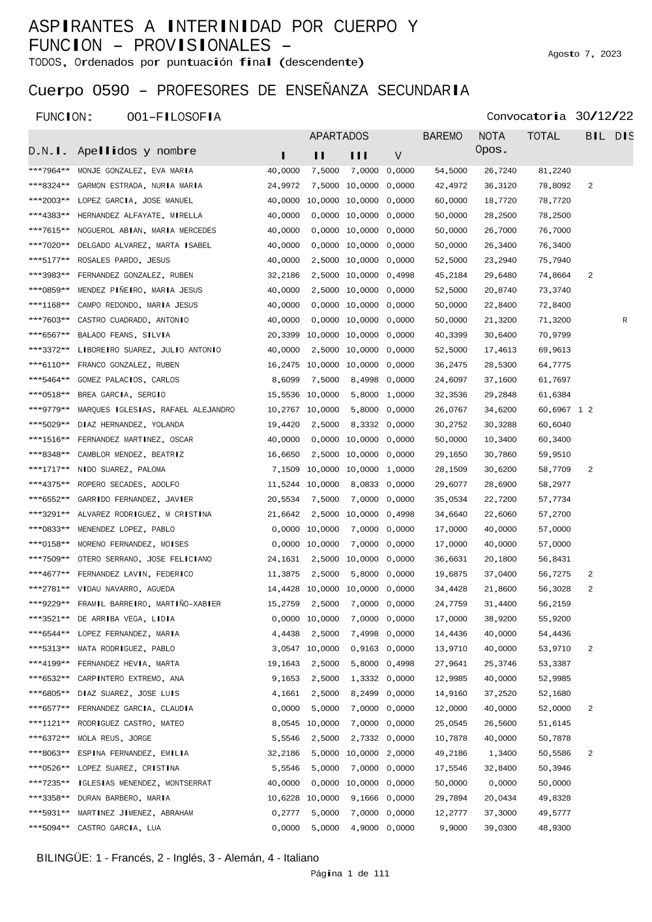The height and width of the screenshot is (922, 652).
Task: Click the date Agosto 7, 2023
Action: tap(584, 54)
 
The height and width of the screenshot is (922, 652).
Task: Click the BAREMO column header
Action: tap(442, 136)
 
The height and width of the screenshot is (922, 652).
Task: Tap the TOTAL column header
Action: tap(543, 136)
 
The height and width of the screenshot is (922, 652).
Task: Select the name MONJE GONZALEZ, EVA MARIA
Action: tap(135, 171)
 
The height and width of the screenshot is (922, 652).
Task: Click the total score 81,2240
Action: tap(554, 171)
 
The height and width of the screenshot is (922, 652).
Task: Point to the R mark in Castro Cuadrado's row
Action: tap(625, 320)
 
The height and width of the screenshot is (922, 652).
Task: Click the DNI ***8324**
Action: tap(49, 186)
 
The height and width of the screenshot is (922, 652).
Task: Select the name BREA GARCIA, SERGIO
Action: tap(121, 395)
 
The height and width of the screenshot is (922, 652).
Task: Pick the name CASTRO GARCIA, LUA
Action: tap(119, 828)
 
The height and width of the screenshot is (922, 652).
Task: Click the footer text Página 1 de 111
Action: tap(349, 873)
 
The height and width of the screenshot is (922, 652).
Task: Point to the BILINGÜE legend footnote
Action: tap(177, 857)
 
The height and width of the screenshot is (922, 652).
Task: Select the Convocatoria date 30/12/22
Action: tap(604, 117)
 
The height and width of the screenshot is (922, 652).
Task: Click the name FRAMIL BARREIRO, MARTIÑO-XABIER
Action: tap(149, 604)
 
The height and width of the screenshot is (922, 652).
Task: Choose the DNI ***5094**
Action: tap(49, 828)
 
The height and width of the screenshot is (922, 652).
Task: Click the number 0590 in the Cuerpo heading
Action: tap(111, 91)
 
